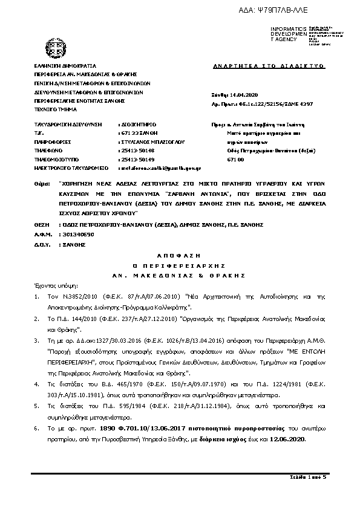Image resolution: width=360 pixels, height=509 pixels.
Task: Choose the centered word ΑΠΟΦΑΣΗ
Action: coord(180,256)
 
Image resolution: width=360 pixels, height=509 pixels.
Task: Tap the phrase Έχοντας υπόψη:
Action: coord(53,284)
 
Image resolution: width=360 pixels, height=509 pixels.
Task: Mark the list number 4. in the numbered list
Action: coord(38,384)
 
